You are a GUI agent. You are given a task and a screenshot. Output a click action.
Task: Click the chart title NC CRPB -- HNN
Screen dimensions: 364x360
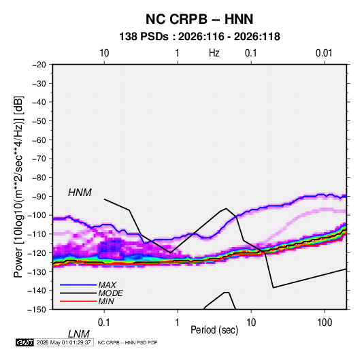[x=199, y=19]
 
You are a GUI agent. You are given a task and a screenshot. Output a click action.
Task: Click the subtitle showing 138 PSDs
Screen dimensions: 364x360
[x=199, y=37]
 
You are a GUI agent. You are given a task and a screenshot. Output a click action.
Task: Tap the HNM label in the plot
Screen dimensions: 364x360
[x=80, y=193]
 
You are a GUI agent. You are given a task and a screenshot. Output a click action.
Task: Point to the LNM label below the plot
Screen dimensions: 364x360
[x=79, y=334]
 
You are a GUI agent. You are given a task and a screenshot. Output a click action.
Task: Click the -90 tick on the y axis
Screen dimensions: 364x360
[x=39, y=197]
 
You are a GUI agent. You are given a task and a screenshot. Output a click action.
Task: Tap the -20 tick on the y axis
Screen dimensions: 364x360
[x=39, y=65]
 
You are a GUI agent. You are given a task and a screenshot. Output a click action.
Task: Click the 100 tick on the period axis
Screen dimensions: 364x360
[x=325, y=323]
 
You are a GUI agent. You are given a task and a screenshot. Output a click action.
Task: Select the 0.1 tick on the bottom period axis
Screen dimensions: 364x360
[x=104, y=323]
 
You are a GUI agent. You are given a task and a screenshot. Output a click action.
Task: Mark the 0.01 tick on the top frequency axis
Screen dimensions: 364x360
[x=324, y=53]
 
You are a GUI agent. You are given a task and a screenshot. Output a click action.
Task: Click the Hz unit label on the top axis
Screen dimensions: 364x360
[x=214, y=53]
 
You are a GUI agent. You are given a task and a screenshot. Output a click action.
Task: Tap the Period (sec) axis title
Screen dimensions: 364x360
[x=214, y=330]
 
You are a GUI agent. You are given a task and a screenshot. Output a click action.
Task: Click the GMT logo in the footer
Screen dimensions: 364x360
[x=25, y=342]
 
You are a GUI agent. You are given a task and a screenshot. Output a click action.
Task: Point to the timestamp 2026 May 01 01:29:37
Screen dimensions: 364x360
[x=63, y=342]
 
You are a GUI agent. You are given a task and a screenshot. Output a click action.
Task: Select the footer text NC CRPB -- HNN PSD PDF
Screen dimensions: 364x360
[x=127, y=342]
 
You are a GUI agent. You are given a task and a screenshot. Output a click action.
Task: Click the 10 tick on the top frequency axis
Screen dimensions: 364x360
[x=104, y=53]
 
